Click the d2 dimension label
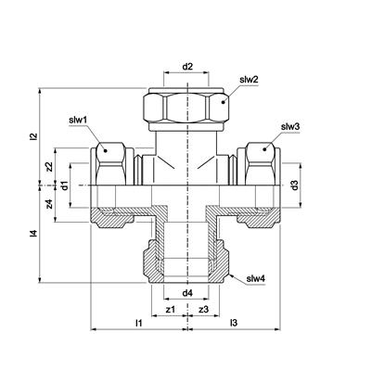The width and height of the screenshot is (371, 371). point(187,67)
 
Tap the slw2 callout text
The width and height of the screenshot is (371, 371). point(249,80)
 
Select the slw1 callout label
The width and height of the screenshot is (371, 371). point(78,120)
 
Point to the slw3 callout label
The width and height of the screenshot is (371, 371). point(290,127)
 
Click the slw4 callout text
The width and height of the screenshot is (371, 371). point(256,279)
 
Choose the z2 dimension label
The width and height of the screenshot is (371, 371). point(48,167)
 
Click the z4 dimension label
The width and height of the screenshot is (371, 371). point(48,204)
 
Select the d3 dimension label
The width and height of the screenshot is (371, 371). point(295,185)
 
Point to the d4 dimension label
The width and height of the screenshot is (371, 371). point(187,293)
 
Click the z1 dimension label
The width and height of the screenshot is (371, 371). point(171,309)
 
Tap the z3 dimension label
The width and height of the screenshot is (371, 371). point(204,309)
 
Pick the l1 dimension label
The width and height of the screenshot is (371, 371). point(139,323)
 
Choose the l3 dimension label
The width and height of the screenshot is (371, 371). point(234,323)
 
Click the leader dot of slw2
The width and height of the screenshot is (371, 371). point(224,102)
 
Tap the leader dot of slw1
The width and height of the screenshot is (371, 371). point(106,150)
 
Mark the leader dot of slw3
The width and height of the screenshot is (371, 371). point(264,149)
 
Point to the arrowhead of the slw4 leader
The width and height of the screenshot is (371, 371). point(231,275)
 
